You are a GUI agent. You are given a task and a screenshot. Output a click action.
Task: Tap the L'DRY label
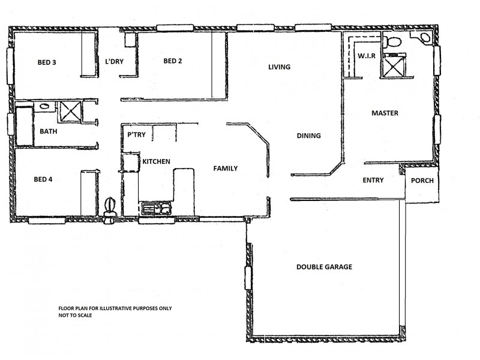point(115,61)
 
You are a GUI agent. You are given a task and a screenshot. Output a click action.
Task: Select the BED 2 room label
point(172,61)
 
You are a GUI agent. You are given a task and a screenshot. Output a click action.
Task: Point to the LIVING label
point(279,67)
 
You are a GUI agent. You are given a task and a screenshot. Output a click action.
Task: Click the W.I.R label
point(367,56)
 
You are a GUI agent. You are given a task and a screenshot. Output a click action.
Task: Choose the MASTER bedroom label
point(385,113)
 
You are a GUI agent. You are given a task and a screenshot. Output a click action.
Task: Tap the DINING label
point(308,136)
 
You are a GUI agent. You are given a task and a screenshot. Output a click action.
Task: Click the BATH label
point(49,131)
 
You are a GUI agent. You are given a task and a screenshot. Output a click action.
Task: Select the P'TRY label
point(136,135)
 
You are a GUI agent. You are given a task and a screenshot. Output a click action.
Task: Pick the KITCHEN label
point(156,162)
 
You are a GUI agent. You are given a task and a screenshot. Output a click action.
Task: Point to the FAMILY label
point(226,169)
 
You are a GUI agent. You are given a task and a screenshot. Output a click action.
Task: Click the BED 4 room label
point(43,179)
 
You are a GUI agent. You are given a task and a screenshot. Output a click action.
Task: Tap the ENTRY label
point(373,180)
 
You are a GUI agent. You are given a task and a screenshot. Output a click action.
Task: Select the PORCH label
point(422,181)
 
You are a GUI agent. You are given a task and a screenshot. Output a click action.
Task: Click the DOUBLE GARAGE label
point(324,267)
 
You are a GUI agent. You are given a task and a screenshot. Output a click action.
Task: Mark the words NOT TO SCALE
point(75,314)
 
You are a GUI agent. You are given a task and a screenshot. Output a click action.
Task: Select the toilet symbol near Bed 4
point(109,211)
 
